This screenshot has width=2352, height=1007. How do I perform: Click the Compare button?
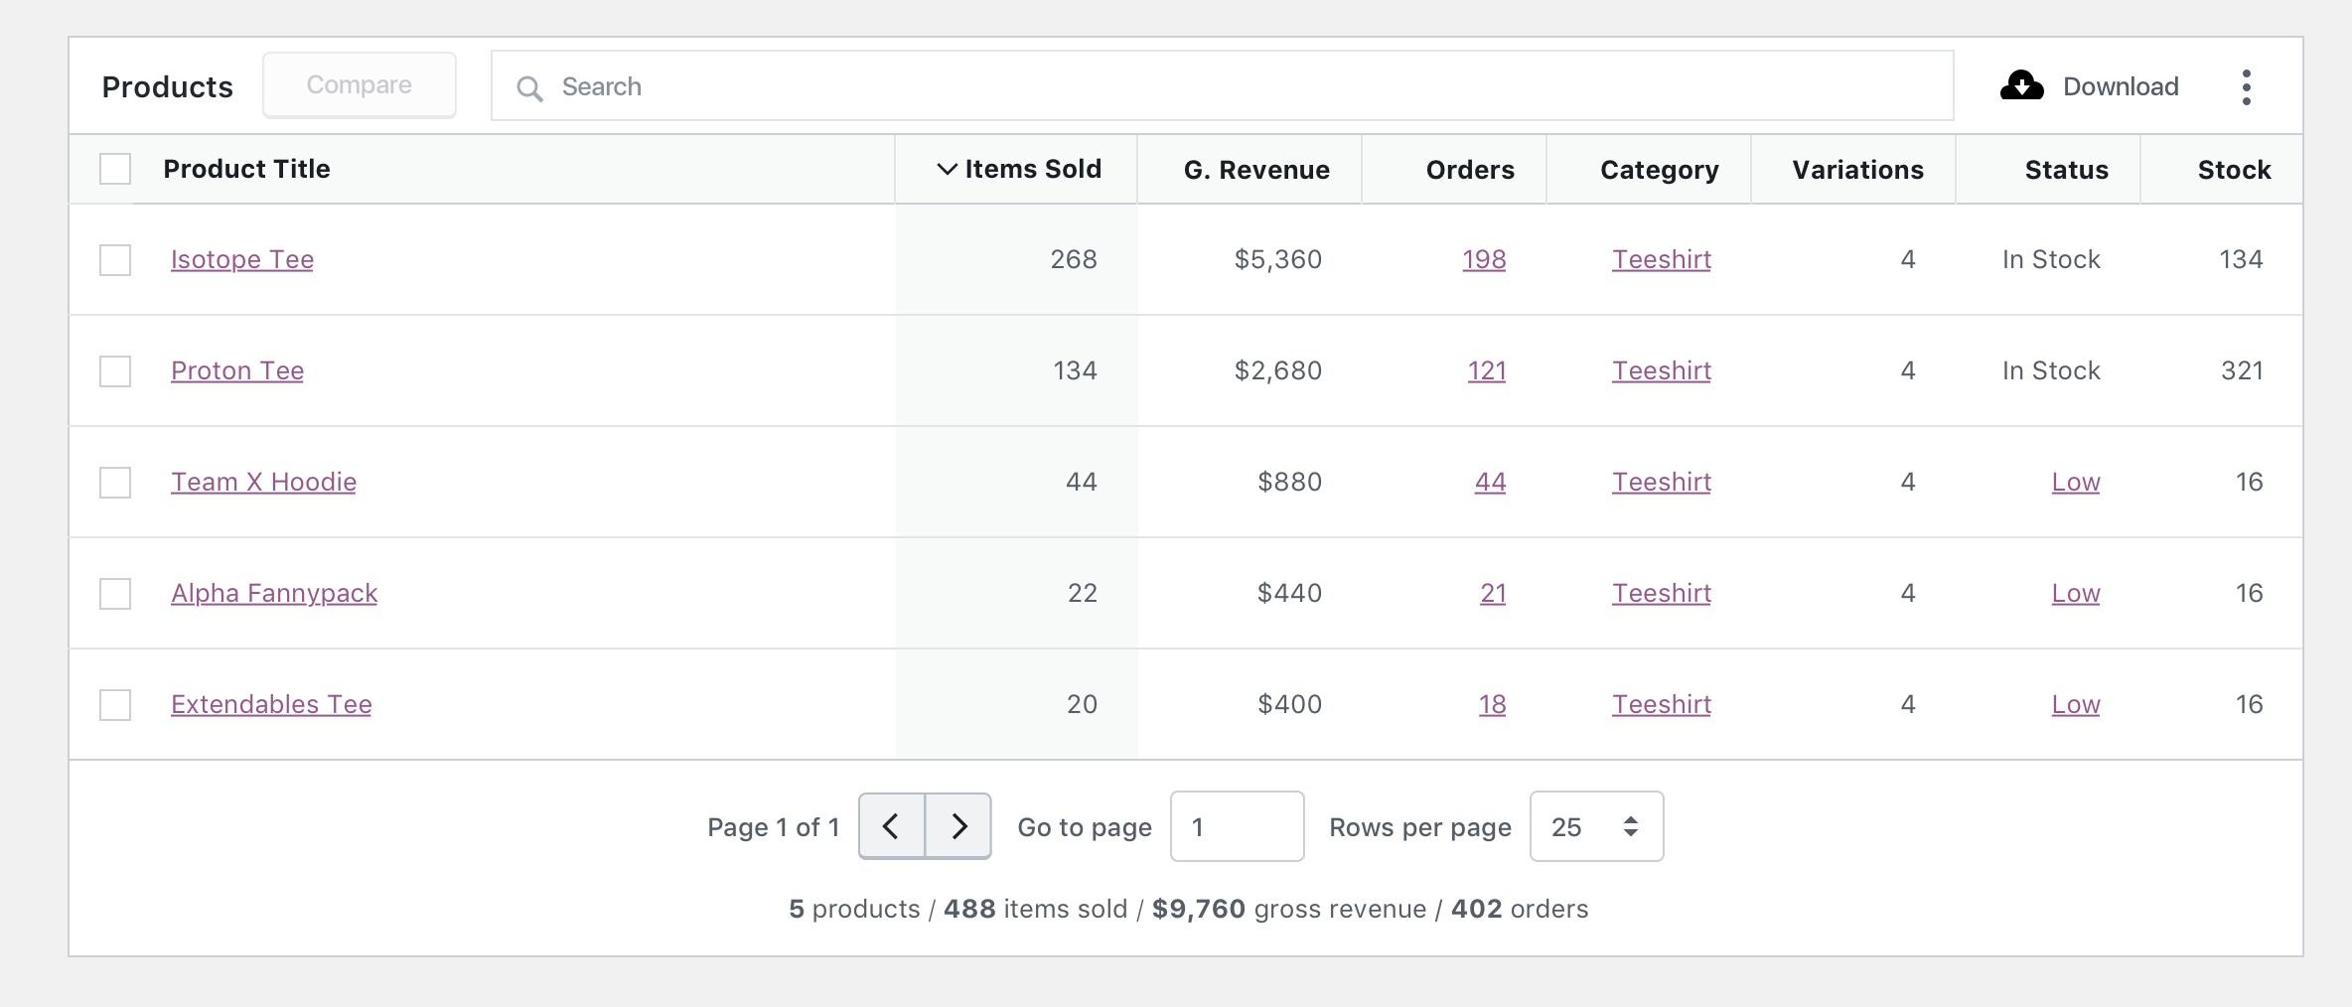pyautogui.click(x=359, y=85)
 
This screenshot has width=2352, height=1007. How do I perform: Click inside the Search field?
pyautogui.click(x=1222, y=86)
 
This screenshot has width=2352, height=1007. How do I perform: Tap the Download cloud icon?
pyautogui.click(x=2021, y=86)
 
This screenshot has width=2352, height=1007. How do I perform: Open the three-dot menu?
pyautogui.click(x=2246, y=87)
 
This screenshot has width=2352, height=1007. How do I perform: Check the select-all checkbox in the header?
pyautogui.click(x=115, y=169)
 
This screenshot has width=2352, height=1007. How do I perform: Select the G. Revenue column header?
pyautogui.click(x=1255, y=170)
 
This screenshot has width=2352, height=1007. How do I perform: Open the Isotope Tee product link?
pyautogui.click(x=241, y=259)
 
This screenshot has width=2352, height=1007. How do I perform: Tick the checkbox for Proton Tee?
pyautogui.click(x=115, y=371)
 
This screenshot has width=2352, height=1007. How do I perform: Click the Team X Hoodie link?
pyautogui.click(x=263, y=482)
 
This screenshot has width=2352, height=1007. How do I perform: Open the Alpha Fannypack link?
pyautogui.click(x=274, y=593)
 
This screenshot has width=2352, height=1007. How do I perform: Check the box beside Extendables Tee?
pyautogui.click(x=115, y=705)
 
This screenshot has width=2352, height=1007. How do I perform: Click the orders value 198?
pyautogui.click(x=1483, y=259)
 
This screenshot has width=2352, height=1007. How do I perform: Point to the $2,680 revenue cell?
pyautogui.click(x=1277, y=370)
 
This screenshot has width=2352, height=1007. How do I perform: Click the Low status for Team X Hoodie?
pyautogui.click(x=2075, y=482)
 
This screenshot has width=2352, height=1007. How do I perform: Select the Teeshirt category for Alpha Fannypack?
pyautogui.click(x=1661, y=593)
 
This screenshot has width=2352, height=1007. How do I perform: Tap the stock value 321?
pyautogui.click(x=2241, y=370)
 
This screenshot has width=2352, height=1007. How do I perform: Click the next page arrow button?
pyautogui.click(x=958, y=826)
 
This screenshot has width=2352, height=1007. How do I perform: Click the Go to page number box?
pyautogui.click(x=1237, y=826)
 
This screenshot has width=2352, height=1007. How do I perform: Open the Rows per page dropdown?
pyautogui.click(x=1595, y=826)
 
